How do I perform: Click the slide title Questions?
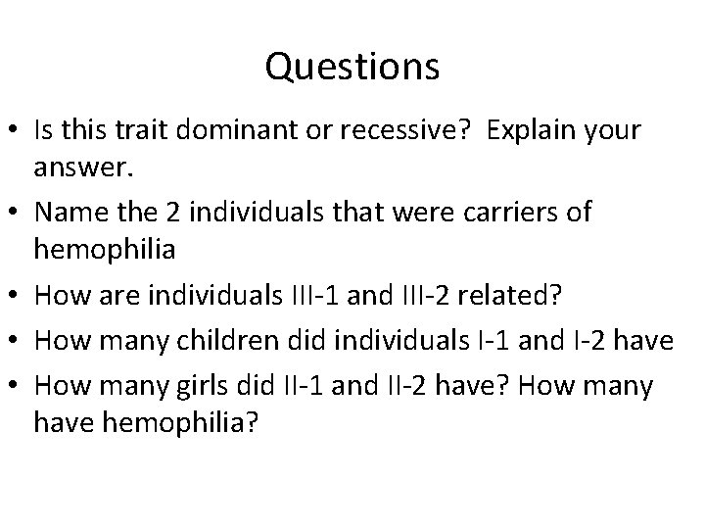[x=352, y=68]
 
